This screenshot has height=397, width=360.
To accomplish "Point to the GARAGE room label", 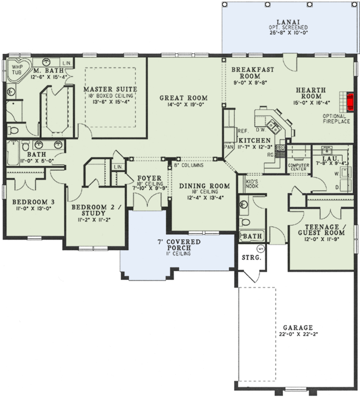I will click(298, 328).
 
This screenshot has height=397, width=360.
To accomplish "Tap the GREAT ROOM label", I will click(183, 98).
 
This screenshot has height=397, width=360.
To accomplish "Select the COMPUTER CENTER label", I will click(299, 167).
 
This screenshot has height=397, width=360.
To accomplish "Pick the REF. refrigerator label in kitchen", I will click(243, 132).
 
